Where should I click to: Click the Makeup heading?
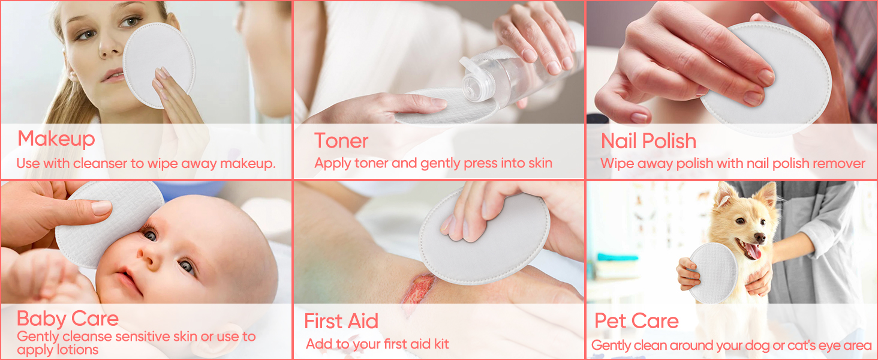56,139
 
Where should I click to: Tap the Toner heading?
341,141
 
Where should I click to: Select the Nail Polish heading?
648,141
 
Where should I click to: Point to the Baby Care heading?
67,319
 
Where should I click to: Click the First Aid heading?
341,321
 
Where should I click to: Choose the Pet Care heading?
636,321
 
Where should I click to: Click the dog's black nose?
759,237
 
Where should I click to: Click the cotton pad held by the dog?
714,272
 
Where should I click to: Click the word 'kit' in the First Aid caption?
441,344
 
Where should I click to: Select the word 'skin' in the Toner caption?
540,163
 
